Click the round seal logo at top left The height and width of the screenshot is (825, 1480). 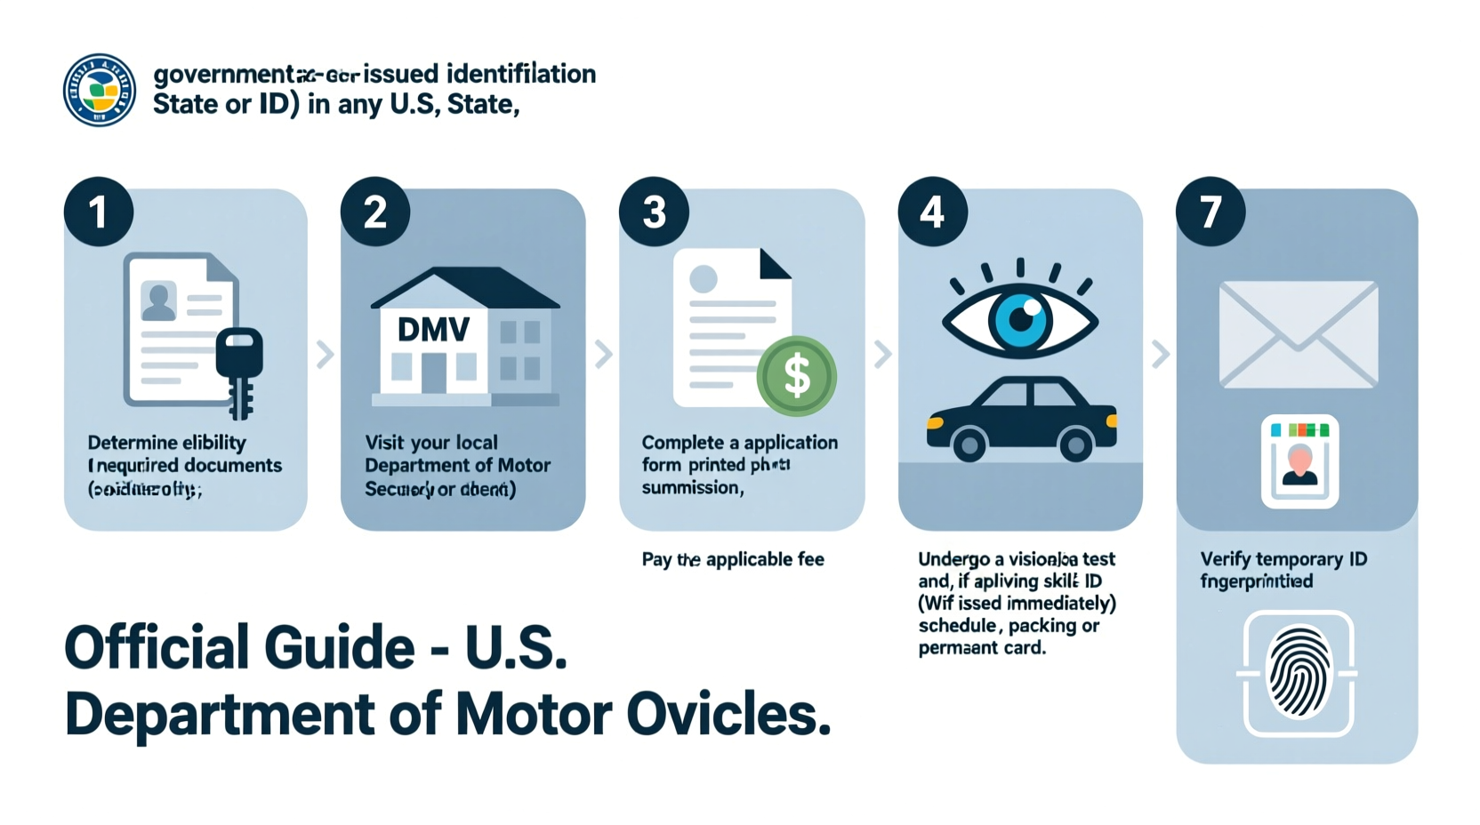point(100,90)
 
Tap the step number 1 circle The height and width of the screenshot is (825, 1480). point(99,212)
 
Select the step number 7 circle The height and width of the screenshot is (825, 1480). point(1210,212)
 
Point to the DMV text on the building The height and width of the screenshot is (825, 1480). point(433,330)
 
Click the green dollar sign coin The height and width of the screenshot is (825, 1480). point(796,376)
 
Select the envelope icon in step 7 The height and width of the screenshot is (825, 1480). point(1298,334)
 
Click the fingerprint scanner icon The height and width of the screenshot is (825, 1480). point(1299,673)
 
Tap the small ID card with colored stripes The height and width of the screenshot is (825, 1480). point(1299,461)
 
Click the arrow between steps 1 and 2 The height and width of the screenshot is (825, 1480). point(326,354)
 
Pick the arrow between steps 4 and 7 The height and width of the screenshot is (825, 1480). point(1160,354)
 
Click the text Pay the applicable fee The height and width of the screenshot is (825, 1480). point(733,559)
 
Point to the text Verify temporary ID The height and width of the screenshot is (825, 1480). point(1283,559)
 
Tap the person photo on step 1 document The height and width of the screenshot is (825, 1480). point(159,302)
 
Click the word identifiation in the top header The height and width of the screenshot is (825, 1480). point(520,74)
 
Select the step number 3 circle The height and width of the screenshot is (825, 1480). point(654,212)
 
